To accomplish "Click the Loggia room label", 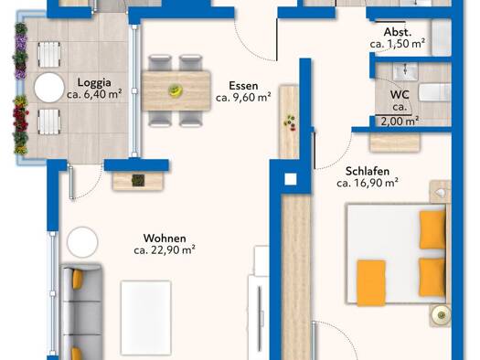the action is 94,82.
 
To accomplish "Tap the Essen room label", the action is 243,86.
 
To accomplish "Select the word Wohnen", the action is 165,238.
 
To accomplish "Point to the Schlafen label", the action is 368,171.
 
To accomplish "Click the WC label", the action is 400,94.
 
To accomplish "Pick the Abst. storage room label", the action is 398,32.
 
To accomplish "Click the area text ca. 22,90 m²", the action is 165,249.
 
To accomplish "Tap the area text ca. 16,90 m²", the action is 368,183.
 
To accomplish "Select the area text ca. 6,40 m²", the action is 94,94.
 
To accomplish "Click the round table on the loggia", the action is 49,88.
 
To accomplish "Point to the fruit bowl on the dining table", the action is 176,90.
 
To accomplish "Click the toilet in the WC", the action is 434,92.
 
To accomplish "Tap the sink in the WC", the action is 405,71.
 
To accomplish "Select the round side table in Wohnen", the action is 82,242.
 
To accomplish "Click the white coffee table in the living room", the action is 146,317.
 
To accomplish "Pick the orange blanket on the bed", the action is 371,282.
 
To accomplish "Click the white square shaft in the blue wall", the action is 291,179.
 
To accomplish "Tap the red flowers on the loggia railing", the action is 20,117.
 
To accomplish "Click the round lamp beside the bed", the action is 441,314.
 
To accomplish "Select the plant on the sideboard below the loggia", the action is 138,181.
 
